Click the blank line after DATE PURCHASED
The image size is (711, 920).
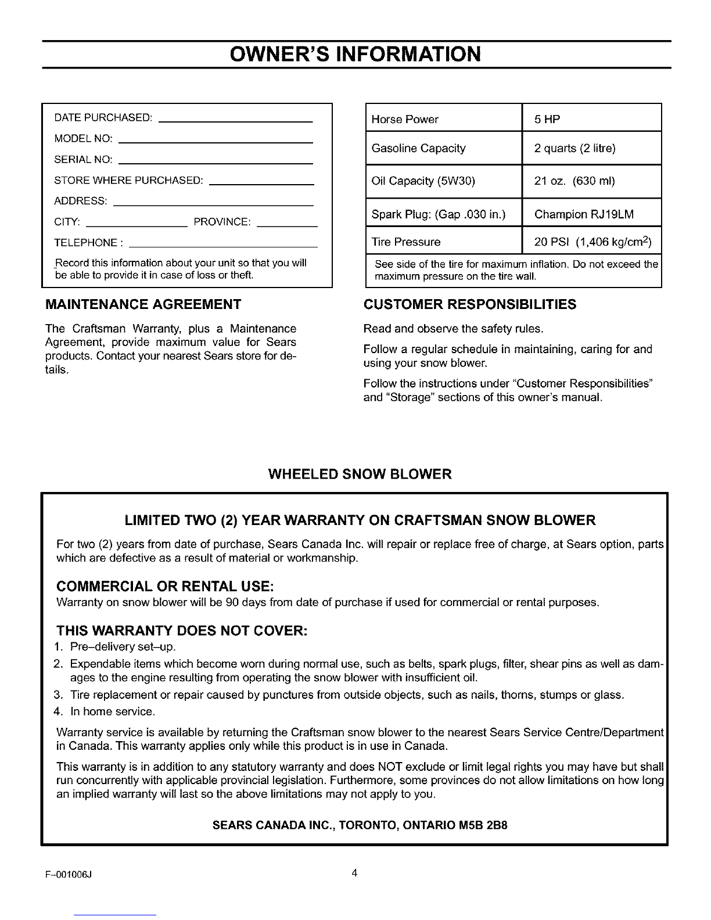pos(235,121)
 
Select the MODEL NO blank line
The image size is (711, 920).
pos(219,142)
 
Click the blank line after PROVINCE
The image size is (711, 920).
pos(286,224)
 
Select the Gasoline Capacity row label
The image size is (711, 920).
pos(418,148)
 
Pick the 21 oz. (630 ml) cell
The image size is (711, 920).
pos(574,181)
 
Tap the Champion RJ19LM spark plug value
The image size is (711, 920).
pos(583,214)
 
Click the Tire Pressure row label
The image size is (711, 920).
pos(405,242)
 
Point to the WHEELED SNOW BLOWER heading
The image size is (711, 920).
pos(360,474)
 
